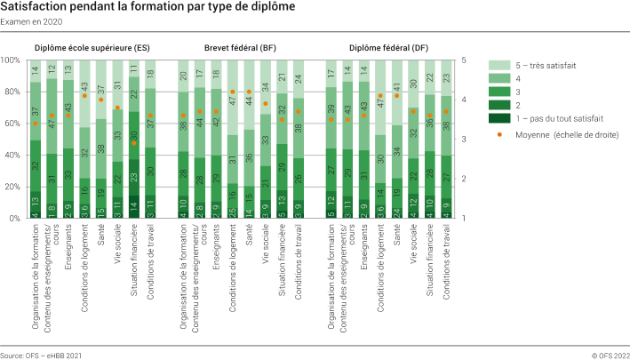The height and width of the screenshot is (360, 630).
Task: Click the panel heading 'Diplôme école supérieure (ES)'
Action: tap(92, 48)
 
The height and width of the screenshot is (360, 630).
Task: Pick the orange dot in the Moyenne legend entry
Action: tap(500, 134)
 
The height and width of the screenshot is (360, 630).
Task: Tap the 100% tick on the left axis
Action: tap(12, 60)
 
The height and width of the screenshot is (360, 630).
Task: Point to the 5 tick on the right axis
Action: tap(465, 60)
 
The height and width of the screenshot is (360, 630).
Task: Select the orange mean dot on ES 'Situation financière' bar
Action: tap(134, 143)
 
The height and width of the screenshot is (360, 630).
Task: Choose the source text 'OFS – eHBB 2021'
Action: tap(41, 353)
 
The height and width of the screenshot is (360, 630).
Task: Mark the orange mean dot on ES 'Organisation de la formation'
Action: tap(36, 124)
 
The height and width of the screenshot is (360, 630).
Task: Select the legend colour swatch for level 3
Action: tap(500, 91)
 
